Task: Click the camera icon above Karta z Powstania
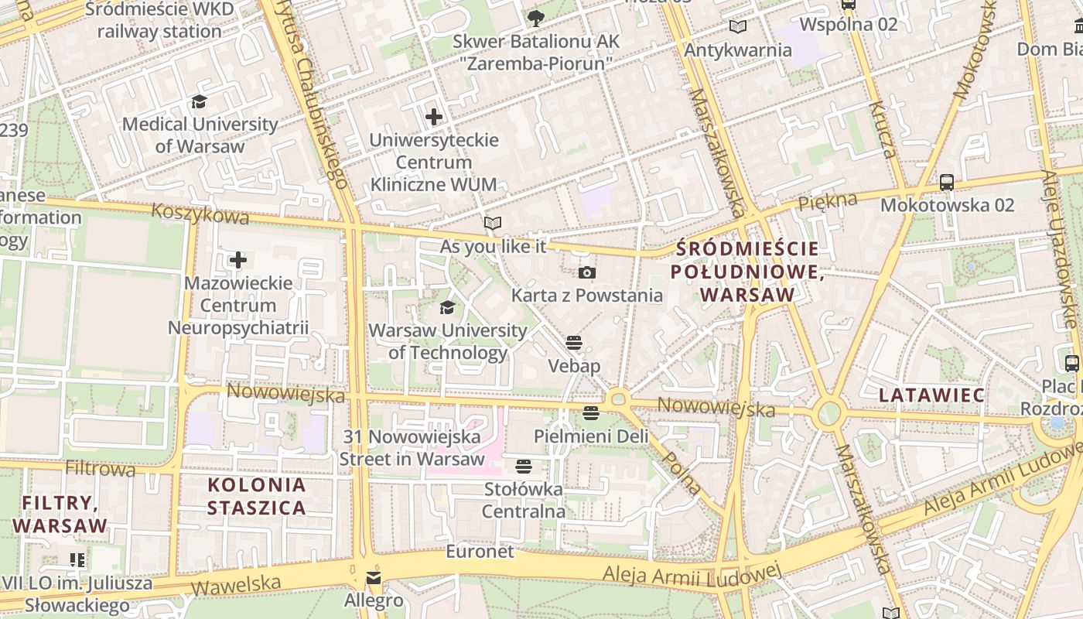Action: [x=587, y=272]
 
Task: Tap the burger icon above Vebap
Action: [x=573, y=342]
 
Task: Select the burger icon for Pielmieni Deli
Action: [x=591, y=413]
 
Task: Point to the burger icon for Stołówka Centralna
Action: [x=524, y=466]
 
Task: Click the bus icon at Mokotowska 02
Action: [x=946, y=183]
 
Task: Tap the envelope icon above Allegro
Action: [x=374, y=578]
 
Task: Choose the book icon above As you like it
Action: [x=493, y=224]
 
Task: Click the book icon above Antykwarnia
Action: [x=738, y=27]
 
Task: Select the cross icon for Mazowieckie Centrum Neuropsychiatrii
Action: [x=238, y=260]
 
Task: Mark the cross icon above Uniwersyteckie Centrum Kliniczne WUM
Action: [x=434, y=117]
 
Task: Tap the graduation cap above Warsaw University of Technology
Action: [x=447, y=308]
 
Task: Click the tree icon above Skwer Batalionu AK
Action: [x=535, y=18]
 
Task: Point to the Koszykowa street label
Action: [x=200, y=214]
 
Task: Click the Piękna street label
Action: [x=827, y=202]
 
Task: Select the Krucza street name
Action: [x=883, y=129]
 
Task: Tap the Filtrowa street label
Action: [x=101, y=468]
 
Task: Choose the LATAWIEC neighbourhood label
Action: [x=931, y=395]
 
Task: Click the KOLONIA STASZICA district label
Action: [x=257, y=497]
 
